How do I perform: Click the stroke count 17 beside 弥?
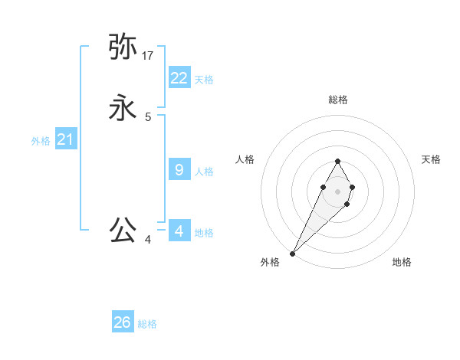[x=148, y=56]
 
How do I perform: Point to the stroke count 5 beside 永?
[x=148, y=117]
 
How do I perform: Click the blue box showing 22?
[x=179, y=78]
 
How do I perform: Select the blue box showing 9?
[x=179, y=170]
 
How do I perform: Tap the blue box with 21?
[x=65, y=139]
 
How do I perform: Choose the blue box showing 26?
[x=123, y=322]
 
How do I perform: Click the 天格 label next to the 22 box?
[x=204, y=80]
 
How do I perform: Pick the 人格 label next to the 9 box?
[x=204, y=172]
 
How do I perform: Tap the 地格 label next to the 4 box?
[x=204, y=233]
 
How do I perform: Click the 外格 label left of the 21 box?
[x=41, y=141]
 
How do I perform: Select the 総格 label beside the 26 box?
[x=147, y=324]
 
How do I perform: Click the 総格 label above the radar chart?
[x=337, y=100]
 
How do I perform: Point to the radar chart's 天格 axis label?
[x=431, y=159]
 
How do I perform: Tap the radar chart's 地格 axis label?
[x=402, y=263]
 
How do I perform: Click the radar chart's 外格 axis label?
[x=270, y=263]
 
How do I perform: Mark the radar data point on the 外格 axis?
[x=292, y=253]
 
